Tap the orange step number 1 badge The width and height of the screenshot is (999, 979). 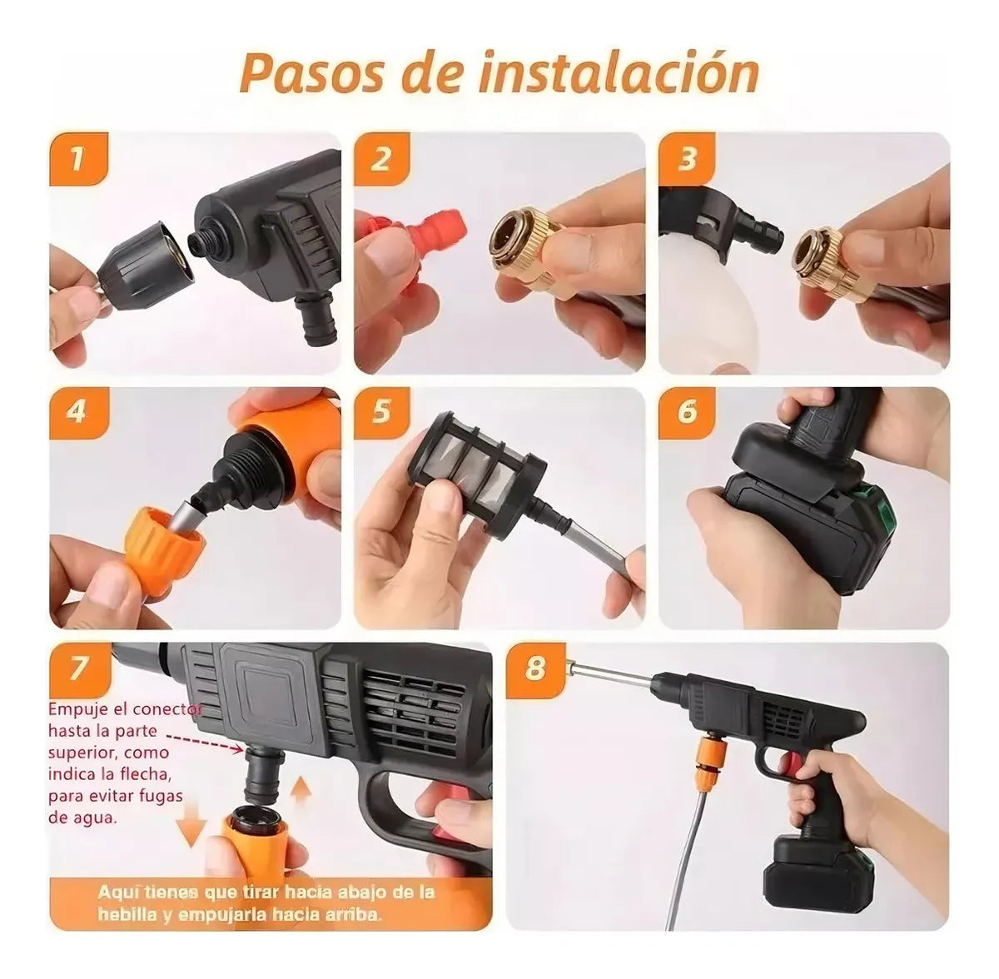click(x=78, y=158)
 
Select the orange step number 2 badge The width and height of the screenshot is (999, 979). click(x=381, y=158)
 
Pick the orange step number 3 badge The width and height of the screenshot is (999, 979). click(x=686, y=158)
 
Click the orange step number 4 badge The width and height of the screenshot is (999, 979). click(x=78, y=412)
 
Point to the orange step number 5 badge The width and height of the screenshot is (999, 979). click(x=381, y=412)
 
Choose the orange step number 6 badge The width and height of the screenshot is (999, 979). click(x=686, y=412)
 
